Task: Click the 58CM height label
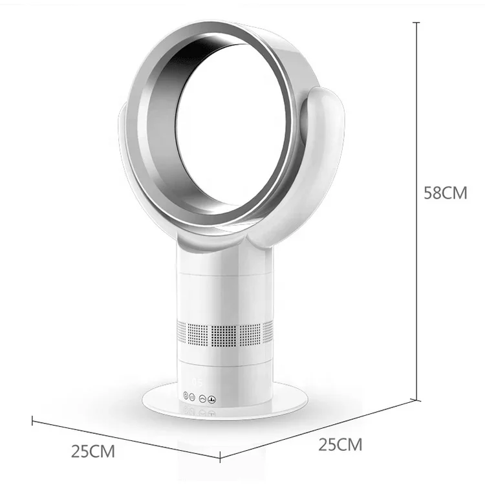445,193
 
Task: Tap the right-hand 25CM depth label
340,445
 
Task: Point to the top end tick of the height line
415,21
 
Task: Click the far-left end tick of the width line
32,420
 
